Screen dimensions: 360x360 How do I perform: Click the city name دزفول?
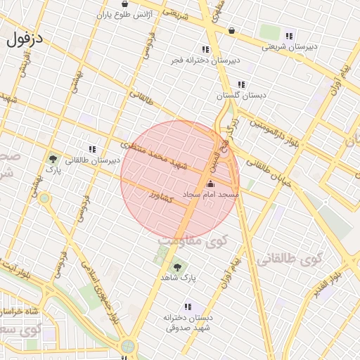(x=25, y=39)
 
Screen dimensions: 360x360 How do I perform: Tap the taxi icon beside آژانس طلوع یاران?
(x=124, y=4)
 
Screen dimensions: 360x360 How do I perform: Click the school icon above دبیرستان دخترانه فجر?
(x=205, y=49)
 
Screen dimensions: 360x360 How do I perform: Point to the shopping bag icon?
(x=232, y=30)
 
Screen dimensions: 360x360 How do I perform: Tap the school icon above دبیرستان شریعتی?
(x=289, y=36)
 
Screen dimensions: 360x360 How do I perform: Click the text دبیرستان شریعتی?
(x=290, y=47)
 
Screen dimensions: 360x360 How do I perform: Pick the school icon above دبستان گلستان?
(x=242, y=84)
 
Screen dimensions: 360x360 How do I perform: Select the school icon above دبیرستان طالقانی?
(x=92, y=149)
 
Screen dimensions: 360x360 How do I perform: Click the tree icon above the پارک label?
(x=53, y=159)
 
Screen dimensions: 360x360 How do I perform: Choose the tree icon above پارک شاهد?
(x=176, y=267)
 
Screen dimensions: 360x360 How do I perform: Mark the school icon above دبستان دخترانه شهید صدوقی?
(x=187, y=307)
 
